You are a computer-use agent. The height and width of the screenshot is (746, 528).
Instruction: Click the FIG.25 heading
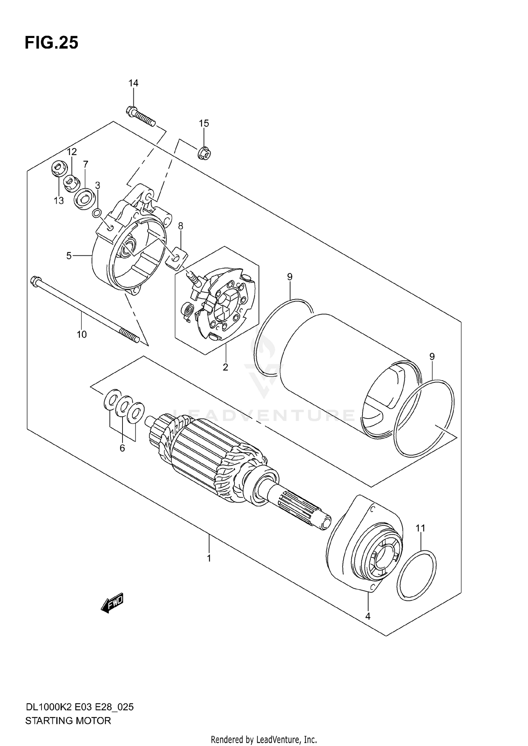[51, 43]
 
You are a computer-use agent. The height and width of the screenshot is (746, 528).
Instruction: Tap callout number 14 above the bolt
[133, 83]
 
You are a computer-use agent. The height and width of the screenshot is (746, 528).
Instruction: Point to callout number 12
[72, 152]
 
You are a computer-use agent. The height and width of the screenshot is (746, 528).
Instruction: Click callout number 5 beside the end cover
[69, 256]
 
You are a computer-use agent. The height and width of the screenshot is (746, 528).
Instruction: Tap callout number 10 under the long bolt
[82, 334]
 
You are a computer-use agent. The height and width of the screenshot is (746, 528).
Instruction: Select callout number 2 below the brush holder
[225, 367]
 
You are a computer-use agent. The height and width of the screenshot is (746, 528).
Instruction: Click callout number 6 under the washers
[122, 448]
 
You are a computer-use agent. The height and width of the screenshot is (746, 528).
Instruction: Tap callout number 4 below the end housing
[368, 616]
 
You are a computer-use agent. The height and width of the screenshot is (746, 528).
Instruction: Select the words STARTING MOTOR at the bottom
[68, 721]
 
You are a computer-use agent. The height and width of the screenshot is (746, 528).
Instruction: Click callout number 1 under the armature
[209, 558]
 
